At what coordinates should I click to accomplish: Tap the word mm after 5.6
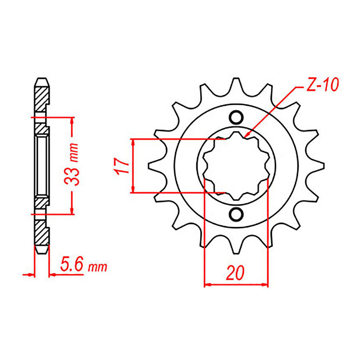click(x=97, y=268)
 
